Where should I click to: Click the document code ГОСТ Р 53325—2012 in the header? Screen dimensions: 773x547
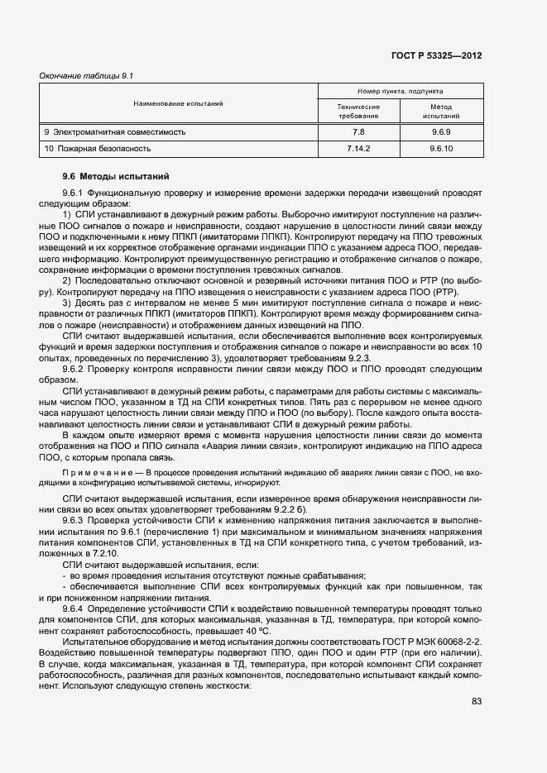437,56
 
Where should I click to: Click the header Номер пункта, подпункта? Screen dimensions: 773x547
400,91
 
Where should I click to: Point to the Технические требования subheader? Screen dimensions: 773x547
358,112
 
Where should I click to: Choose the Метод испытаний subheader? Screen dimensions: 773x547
440,112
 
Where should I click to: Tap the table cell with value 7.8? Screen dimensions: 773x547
358,131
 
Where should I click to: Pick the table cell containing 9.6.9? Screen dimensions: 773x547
440,131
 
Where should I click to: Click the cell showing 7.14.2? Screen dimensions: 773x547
358,149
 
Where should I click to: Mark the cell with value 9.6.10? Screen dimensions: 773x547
440,149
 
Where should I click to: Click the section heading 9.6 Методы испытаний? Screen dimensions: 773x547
116,176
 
